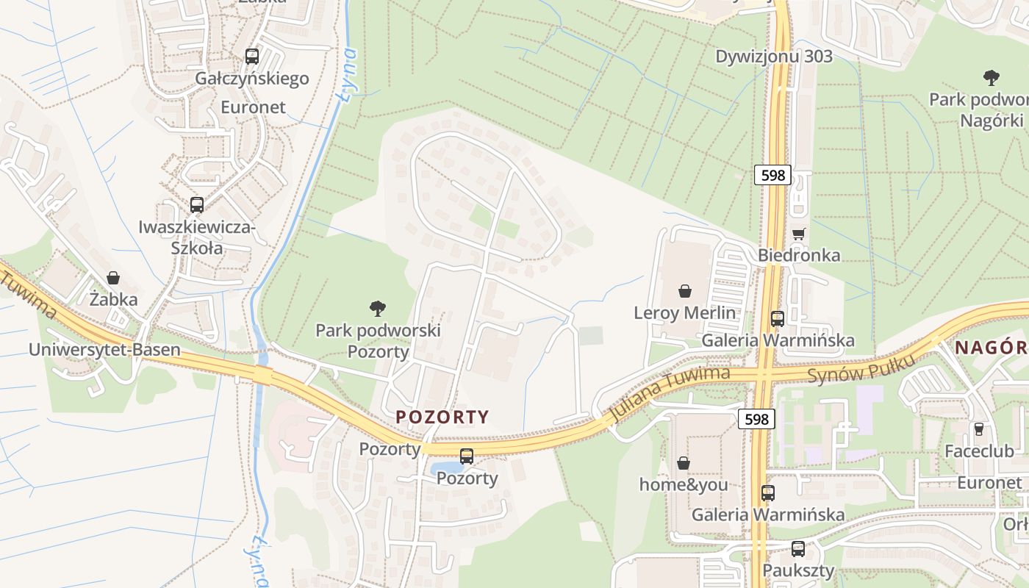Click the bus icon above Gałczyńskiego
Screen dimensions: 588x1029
coord(252,56)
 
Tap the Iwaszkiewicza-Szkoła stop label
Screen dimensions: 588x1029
coord(197,237)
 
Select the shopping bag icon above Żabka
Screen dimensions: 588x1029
coord(113,278)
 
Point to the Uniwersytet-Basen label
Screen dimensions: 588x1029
coord(104,349)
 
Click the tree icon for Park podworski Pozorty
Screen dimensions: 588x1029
coord(378,308)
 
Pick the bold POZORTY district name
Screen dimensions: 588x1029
coord(442,417)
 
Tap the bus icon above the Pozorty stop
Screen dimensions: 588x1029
coord(467,456)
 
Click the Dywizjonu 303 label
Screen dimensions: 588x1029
coord(774,57)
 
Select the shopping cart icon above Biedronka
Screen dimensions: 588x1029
coord(799,234)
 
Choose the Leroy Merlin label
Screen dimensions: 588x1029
coord(684,312)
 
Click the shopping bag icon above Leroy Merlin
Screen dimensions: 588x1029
coord(685,291)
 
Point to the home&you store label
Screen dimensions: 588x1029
coord(684,484)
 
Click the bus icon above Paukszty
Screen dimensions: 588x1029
coord(798,548)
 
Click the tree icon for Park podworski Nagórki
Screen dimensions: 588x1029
coord(992,77)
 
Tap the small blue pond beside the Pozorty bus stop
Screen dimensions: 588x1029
coord(445,467)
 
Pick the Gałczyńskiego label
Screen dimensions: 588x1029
coord(252,78)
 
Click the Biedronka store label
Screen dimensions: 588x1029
coord(799,255)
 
